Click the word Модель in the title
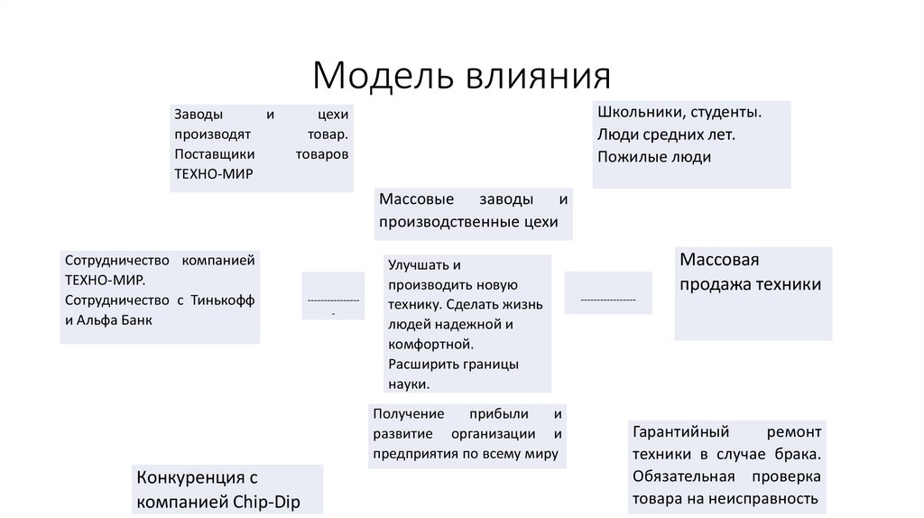tap(383, 76)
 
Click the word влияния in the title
tap(539, 76)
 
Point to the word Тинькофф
tap(223, 300)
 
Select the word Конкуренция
tap(190, 476)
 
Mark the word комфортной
tap(430, 344)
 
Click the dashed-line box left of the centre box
tap(333, 295)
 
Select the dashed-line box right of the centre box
tap(608, 292)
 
